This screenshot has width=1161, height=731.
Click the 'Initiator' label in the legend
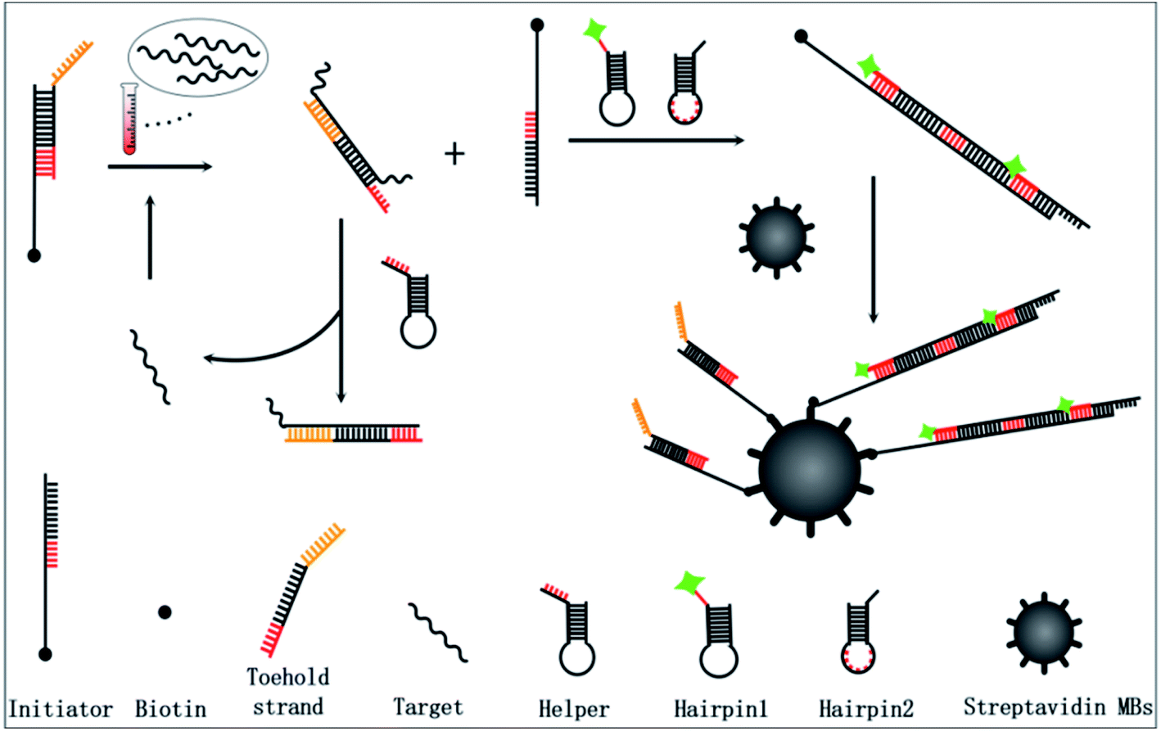(x=61, y=708)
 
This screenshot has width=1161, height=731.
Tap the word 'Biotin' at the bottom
(x=170, y=708)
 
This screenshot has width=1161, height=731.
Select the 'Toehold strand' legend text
(x=288, y=692)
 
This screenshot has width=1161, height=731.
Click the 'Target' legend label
(x=427, y=706)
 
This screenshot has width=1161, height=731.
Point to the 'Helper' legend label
(x=574, y=709)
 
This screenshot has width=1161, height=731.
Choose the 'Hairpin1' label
(x=721, y=708)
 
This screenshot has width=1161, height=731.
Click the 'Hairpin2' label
(x=866, y=708)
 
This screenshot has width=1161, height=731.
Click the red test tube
(x=129, y=120)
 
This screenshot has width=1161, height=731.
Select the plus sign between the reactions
(x=454, y=153)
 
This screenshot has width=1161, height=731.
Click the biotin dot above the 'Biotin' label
(x=165, y=611)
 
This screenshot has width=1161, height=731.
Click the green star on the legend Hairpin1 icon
(x=689, y=582)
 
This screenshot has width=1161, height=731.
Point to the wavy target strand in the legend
(x=438, y=632)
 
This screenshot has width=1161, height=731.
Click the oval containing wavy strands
(x=198, y=56)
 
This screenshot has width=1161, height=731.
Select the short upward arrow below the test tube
(x=150, y=237)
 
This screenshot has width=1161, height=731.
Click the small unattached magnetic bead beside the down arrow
(x=775, y=235)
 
